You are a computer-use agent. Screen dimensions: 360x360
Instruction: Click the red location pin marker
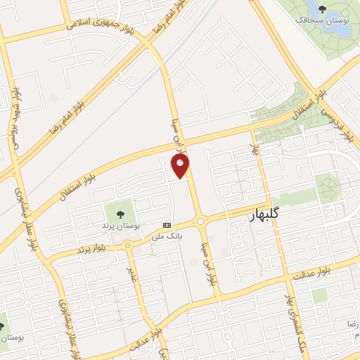tap(181, 165)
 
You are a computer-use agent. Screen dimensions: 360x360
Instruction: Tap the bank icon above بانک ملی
tap(167, 224)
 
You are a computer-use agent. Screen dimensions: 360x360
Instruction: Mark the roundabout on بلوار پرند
tap(127, 245)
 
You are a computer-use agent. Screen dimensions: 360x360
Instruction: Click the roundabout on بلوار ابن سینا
tap(202, 221)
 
